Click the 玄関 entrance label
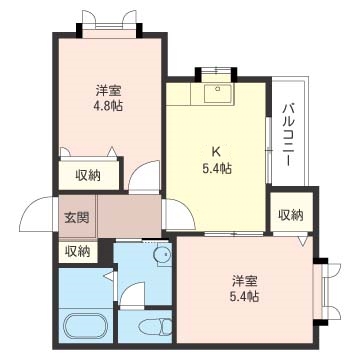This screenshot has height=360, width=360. click(x=77, y=218)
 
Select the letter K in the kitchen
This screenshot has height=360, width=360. click(x=216, y=152)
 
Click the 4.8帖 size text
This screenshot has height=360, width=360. click(x=108, y=106)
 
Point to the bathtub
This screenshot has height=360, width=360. click(x=86, y=326)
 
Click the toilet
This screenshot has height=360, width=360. click(x=155, y=326)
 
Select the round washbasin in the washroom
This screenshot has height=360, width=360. click(x=162, y=255)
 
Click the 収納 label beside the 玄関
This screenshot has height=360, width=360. click(x=77, y=252)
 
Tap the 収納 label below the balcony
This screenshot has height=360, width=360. click(x=291, y=215)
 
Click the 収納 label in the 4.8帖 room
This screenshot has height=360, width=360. click(x=88, y=175)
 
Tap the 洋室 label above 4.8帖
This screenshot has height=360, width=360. click(x=108, y=90)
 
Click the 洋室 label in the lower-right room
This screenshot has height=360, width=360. click(x=245, y=281)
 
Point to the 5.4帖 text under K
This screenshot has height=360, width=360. click(x=217, y=169)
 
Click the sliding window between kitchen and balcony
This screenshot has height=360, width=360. click(x=269, y=150)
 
